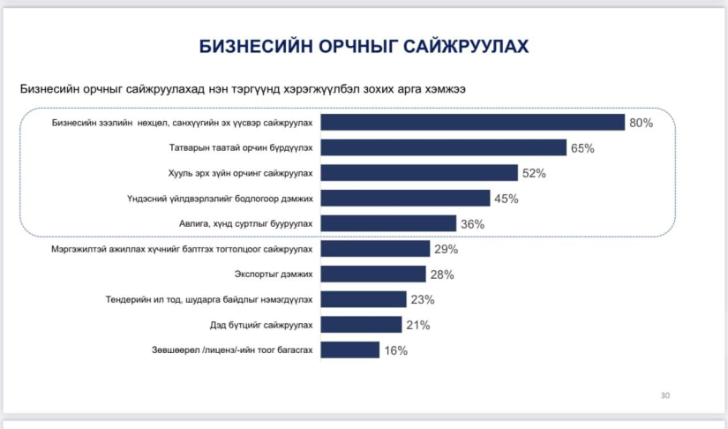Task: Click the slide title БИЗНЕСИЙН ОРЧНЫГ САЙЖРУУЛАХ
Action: click(364, 46)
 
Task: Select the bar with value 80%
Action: click(472, 123)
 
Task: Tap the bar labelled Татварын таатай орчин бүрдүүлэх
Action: click(443, 147)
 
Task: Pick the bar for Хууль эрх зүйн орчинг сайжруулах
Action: click(419, 173)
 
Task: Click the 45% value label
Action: click(506, 199)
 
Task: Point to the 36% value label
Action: click(472, 224)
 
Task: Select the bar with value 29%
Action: click(375, 249)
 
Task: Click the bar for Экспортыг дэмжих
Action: click(372, 275)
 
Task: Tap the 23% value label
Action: click(422, 300)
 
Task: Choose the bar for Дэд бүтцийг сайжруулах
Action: click(361, 325)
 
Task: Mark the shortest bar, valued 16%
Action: click(349, 350)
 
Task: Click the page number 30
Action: click(665, 395)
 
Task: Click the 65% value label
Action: click(582, 148)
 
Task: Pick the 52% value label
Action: click(534, 174)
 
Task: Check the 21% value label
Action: click(417, 326)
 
